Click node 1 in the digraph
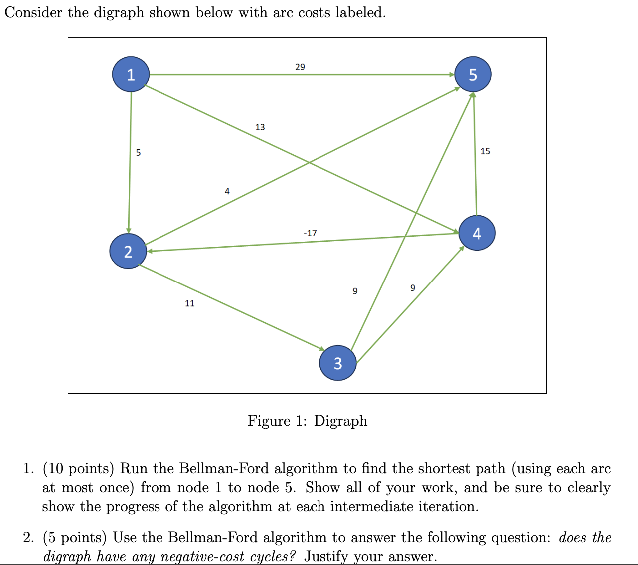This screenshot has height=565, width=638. pos(131,75)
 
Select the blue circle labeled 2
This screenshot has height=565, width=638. pos(128,252)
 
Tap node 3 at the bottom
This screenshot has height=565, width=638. pos(338,363)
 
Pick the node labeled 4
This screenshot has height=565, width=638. pos(477,233)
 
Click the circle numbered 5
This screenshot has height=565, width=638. pos(473,75)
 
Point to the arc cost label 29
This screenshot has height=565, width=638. pos(300,67)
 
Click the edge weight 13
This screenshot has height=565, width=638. pos(260,127)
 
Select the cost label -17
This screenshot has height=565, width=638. pos(310,233)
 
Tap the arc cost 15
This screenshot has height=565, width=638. pos(485,151)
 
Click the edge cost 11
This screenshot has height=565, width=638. pos(190,303)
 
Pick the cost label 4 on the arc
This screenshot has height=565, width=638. pos(227,191)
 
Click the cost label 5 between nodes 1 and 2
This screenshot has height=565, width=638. pos(138,153)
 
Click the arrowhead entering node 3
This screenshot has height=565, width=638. pos(322,348)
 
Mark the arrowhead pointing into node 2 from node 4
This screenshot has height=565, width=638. pos(149,251)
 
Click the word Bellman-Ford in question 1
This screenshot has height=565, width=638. pos(224,469)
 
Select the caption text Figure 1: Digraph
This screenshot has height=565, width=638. pos(308,421)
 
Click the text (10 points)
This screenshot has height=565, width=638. pos(79,469)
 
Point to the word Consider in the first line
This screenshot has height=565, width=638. pos(34,12)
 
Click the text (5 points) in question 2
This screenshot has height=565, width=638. pos(75,538)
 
